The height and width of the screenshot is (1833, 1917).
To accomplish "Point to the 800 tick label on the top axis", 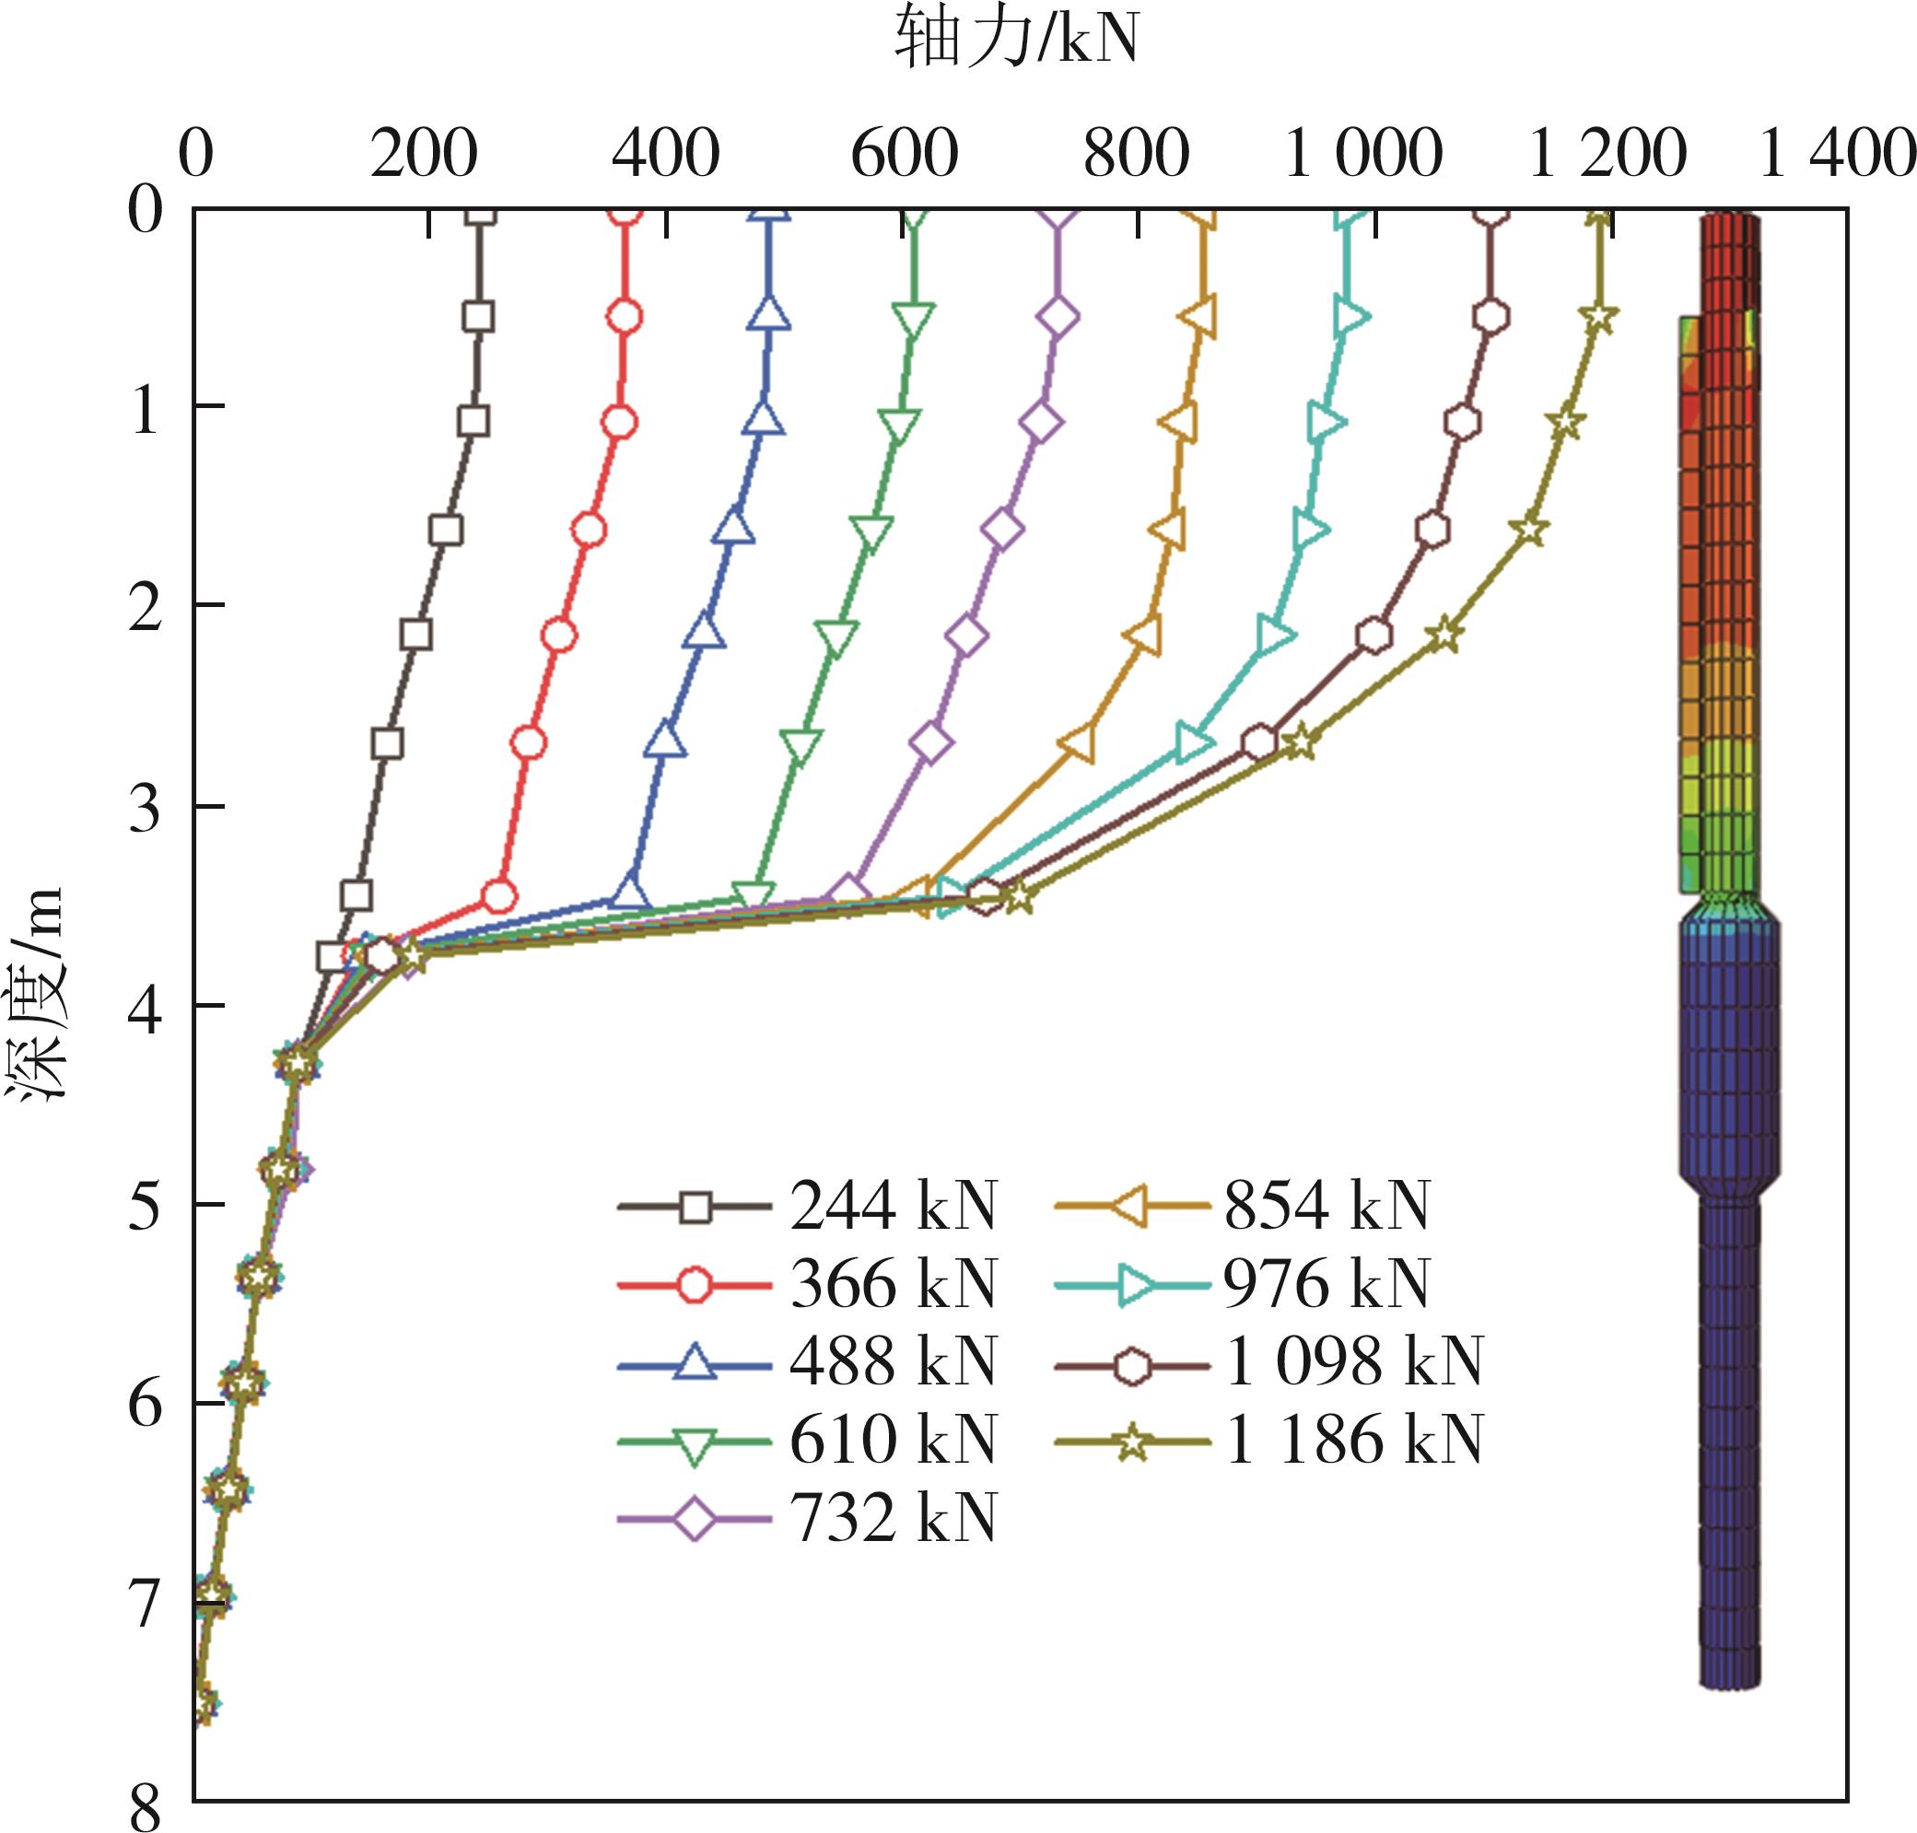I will (x=1137, y=155).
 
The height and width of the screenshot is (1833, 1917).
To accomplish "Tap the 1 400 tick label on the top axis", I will (x=1837, y=155).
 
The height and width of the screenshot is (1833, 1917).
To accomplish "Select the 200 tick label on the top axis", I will (x=423, y=155).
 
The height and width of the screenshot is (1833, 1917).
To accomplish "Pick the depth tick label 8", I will (x=145, y=1807).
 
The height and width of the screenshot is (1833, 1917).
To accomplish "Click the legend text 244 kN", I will (x=893, y=1206).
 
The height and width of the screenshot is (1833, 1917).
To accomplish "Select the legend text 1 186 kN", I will (x=1353, y=1441).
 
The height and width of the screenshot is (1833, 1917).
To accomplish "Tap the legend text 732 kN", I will (x=893, y=1518).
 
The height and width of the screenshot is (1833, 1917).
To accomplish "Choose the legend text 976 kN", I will (x=1326, y=1284).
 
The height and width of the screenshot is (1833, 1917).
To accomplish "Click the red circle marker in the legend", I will (x=694, y=1285).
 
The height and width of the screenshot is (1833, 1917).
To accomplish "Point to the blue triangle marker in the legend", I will (x=694, y=1362).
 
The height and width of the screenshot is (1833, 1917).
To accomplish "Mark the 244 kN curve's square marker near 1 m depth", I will (x=473, y=422).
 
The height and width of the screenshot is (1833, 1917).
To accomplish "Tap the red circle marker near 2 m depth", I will (x=559, y=635).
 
